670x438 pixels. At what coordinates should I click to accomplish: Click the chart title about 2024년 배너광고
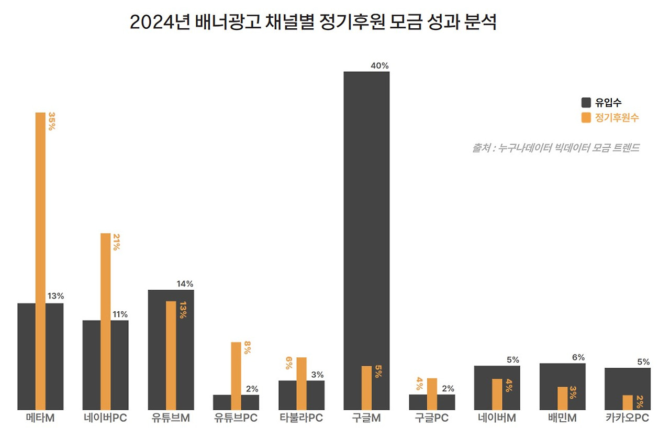point(312,23)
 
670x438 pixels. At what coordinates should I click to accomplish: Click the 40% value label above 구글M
point(379,65)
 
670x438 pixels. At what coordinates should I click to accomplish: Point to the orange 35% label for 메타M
point(51,121)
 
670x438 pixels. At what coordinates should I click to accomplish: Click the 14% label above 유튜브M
point(185,284)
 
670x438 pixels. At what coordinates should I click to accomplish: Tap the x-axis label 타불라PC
point(301,418)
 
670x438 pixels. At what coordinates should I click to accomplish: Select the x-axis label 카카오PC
point(627,418)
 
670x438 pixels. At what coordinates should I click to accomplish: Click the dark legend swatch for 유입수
point(586,103)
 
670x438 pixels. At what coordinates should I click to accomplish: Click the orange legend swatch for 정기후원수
point(586,118)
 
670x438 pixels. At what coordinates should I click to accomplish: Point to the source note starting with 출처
point(555,148)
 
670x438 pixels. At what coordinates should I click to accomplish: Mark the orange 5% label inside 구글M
point(378,372)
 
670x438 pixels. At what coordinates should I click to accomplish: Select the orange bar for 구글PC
point(432,393)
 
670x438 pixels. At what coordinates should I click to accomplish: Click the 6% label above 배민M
point(578,357)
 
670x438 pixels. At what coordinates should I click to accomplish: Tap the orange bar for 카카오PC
point(628,402)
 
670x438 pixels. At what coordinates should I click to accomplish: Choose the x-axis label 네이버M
point(497,418)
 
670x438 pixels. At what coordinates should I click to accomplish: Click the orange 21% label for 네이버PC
point(116,242)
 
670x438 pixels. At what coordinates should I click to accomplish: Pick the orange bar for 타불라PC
point(301,383)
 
